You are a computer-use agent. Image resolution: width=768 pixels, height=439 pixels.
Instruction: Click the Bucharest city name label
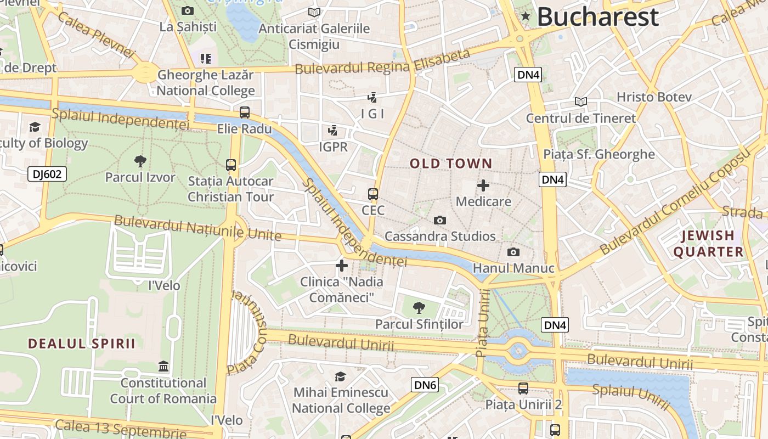tap(597, 17)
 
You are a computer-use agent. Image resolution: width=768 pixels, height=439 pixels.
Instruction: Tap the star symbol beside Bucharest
tap(526, 16)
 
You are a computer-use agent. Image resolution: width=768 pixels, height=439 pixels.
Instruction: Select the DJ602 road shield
tap(47, 175)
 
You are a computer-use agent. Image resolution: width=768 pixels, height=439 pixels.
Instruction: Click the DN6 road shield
tap(425, 385)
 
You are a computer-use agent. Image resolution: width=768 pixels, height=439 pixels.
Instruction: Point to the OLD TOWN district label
tap(451, 164)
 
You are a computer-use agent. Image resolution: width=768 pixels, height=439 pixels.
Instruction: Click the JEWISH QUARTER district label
tap(708, 244)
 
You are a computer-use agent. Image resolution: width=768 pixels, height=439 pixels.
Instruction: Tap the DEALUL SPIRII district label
tap(81, 344)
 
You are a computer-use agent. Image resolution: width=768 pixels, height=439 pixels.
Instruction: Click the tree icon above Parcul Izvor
tap(140, 161)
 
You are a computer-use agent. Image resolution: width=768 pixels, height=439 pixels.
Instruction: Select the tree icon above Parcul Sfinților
tap(419, 307)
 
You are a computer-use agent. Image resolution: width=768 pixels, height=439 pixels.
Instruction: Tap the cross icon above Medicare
tap(483, 185)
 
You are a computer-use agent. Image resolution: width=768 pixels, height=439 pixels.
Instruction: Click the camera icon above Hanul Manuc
tap(513, 252)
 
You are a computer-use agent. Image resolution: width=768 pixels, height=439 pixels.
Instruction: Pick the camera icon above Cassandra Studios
tap(439, 220)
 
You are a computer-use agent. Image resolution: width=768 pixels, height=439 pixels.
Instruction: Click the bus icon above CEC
tap(373, 194)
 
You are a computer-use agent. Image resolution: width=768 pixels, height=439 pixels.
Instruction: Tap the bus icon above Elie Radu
tap(245, 112)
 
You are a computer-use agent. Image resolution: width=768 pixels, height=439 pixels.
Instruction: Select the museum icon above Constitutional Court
tap(163, 366)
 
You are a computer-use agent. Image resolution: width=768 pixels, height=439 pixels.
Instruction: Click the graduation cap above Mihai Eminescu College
tap(341, 376)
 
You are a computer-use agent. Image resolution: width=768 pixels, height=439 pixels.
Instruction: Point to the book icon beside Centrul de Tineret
tap(580, 102)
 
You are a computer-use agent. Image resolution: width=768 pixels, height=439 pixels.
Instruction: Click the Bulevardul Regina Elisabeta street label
tap(382, 61)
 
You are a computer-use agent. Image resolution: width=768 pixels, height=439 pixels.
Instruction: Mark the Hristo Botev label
tap(654, 97)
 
